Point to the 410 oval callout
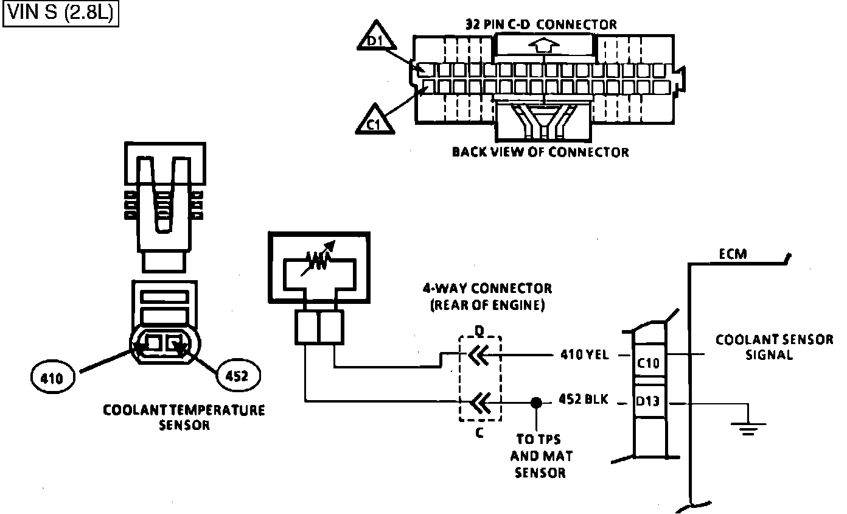(52, 378)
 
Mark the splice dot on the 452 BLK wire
(536, 403)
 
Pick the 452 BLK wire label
(584, 401)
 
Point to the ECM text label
(732, 253)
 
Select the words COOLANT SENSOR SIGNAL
(774, 347)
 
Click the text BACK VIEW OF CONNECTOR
(540, 152)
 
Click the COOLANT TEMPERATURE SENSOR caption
(184, 417)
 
